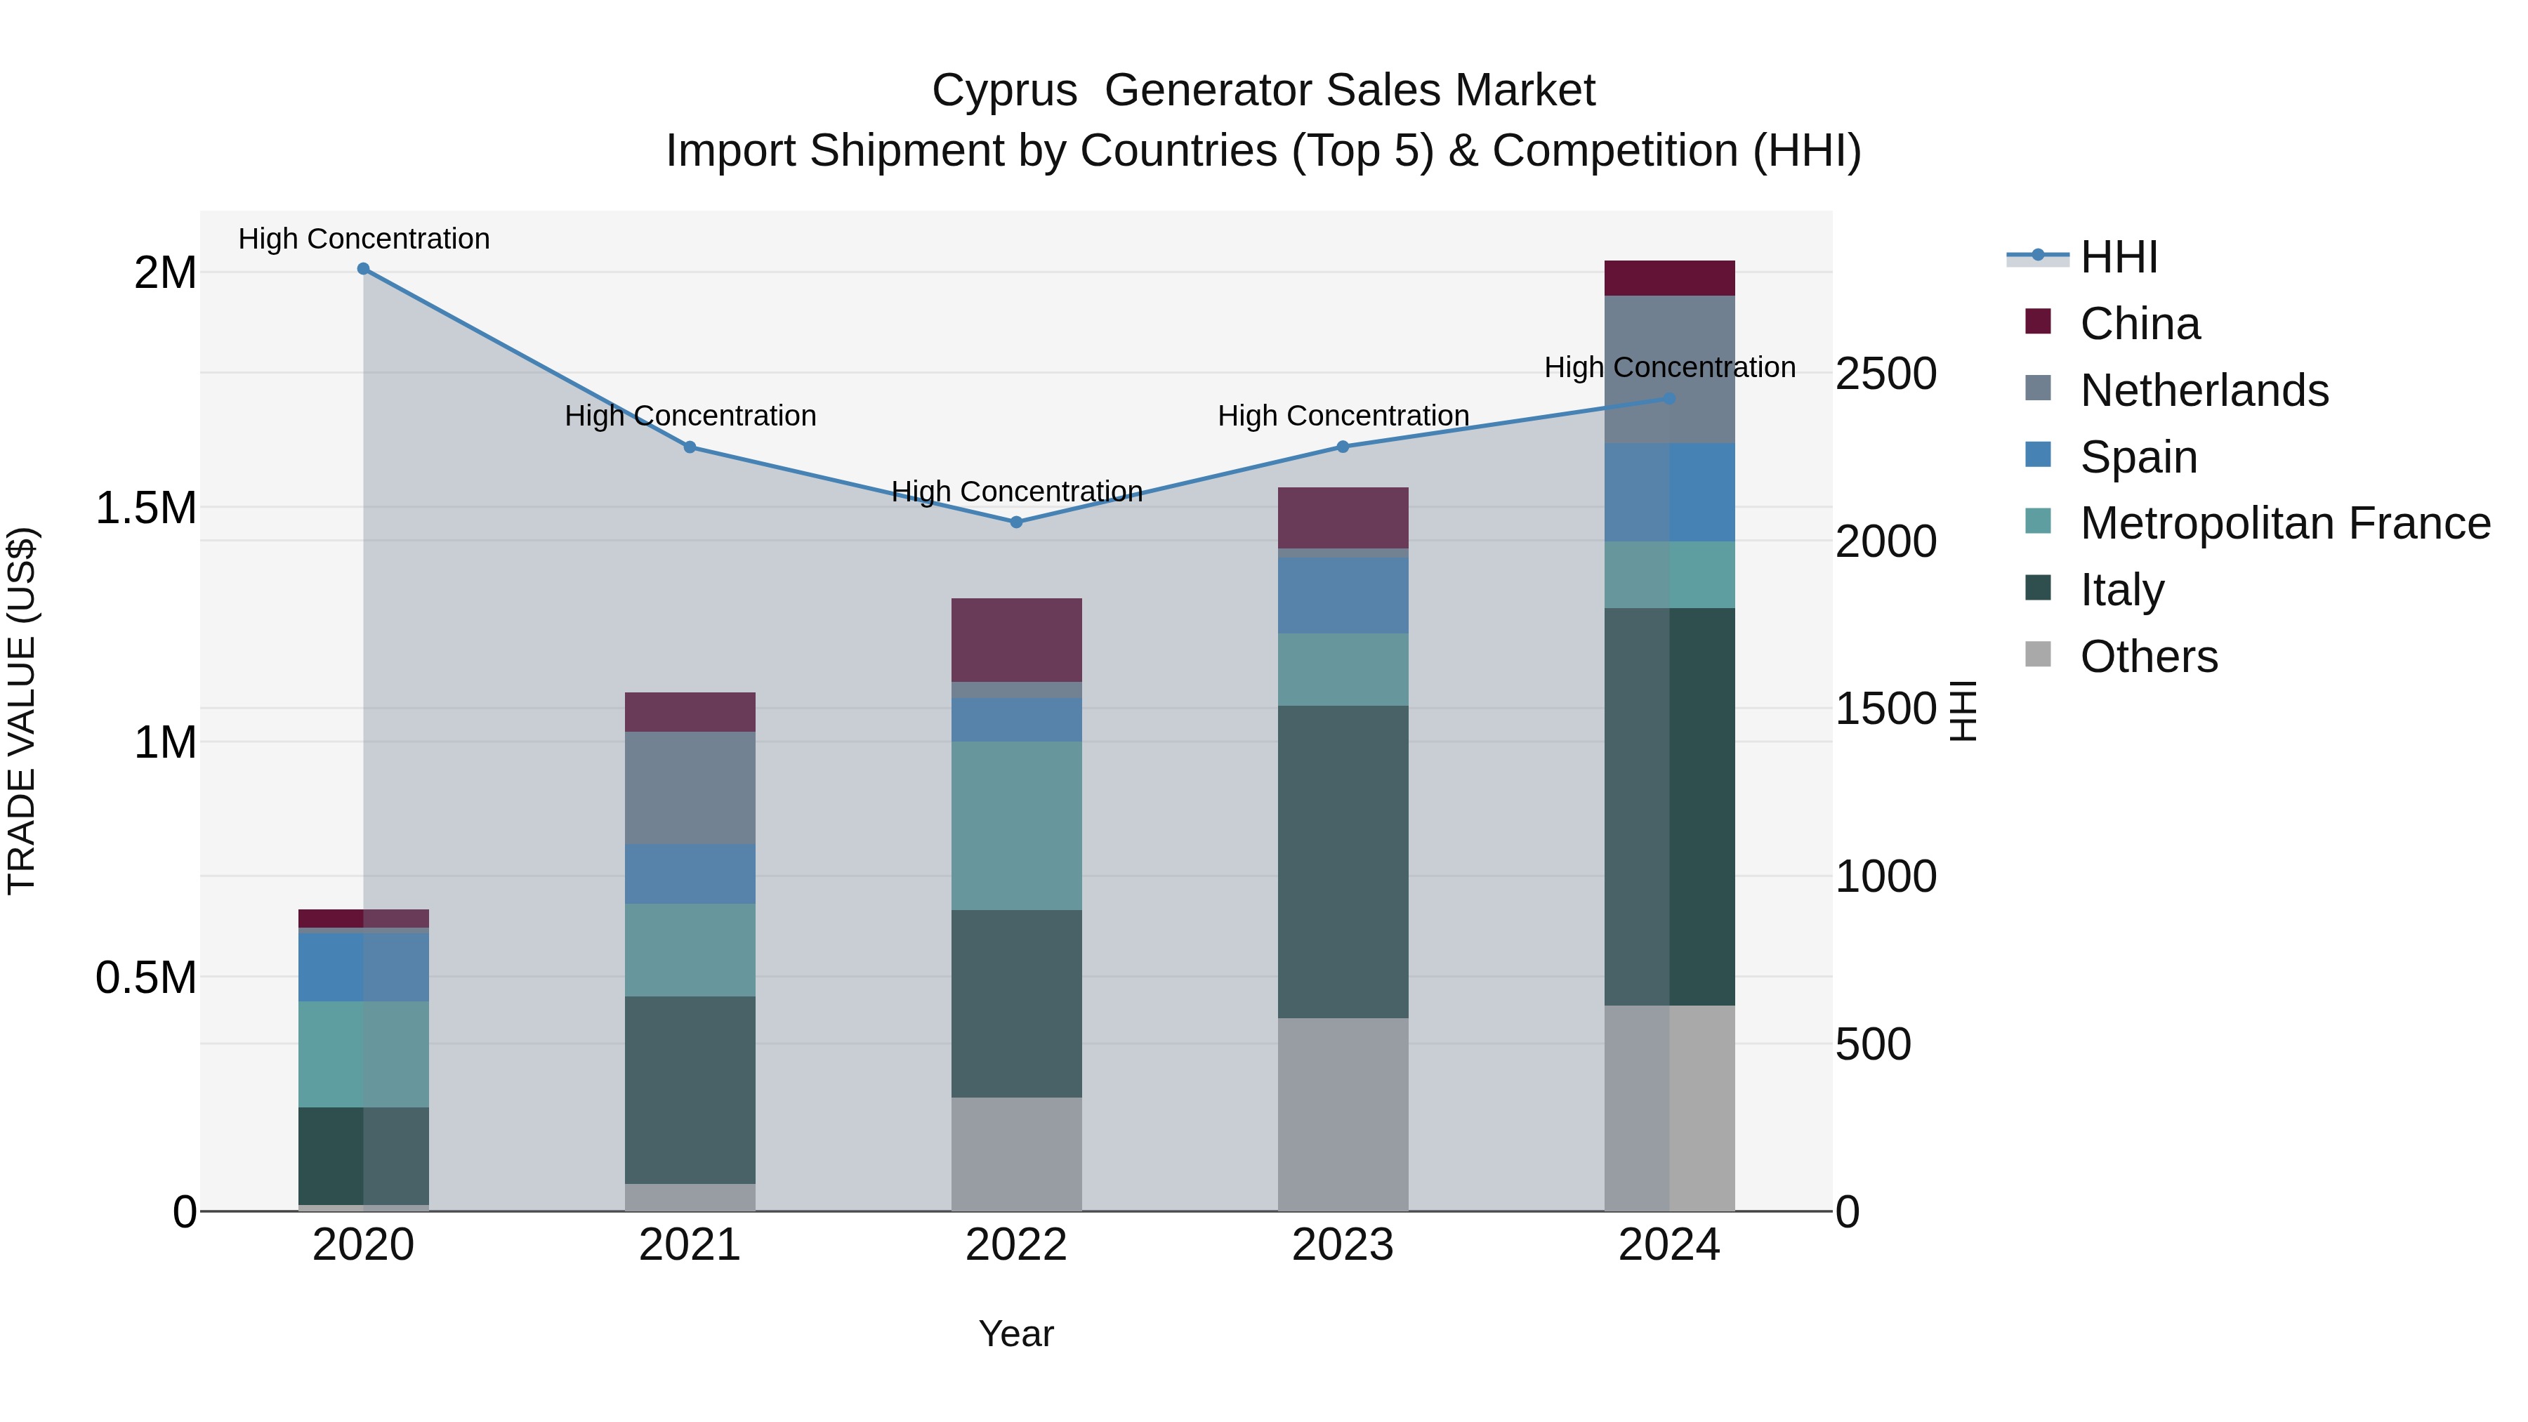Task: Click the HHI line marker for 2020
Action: (x=363, y=269)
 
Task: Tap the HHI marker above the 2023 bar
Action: (x=1343, y=447)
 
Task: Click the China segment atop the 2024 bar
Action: (x=1669, y=277)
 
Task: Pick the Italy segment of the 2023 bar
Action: (x=1343, y=861)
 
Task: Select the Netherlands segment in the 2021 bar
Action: (x=690, y=787)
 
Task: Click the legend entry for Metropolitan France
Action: (x=2284, y=523)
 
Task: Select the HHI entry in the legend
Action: (x=2118, y=257)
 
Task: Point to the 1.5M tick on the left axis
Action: (x=145, y=508)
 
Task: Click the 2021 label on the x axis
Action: (x=690, y=1245)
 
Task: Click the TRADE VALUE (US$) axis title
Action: (x=22, y=711)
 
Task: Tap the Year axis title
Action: (x=1015, y=1334)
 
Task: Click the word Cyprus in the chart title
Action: (x=1004, y=91)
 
